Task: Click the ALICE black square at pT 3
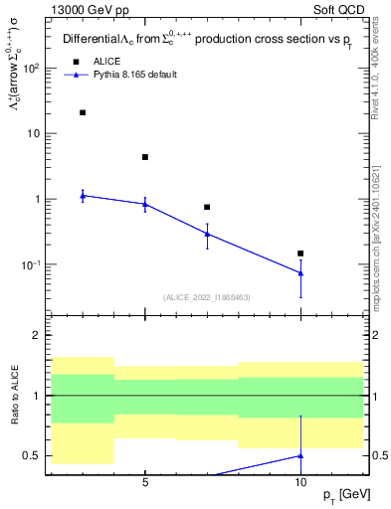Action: point(83,112)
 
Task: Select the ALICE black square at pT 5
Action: point(145,157)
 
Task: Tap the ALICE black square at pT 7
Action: point(207,207)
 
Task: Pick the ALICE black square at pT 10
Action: point(300,254)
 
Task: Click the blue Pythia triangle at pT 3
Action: point(83,195)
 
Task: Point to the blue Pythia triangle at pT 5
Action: point(145,204)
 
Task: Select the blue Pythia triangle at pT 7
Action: point(207,234)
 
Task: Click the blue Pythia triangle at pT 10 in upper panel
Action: point(300,272)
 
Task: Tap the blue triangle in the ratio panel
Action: point(300,455)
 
